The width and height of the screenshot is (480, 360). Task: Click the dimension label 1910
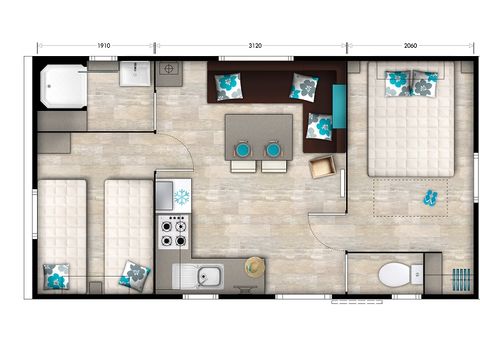[x=96, y=46]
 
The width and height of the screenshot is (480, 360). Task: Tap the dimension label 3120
[x=250, y=46]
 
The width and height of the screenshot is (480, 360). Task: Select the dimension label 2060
[x=410, y=46]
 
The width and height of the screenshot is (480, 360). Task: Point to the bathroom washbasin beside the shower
[x=135, y=76]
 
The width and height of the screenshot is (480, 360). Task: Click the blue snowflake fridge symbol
[x=181, y=197]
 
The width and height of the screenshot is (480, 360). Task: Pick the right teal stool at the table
[x=273, y=150]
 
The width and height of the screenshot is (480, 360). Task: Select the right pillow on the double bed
[x=424, y=85]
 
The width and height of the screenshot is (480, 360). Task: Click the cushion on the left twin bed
[x=56, y=274]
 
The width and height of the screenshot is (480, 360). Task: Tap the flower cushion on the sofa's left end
[x=227, y=87]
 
